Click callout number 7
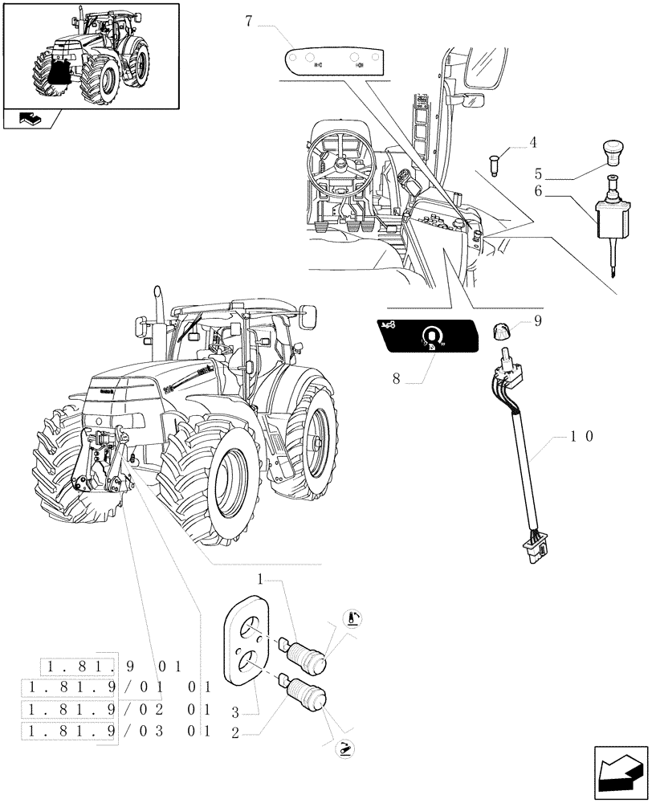(250, 22)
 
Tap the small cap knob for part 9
(503, 330)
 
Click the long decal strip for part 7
(336, 62)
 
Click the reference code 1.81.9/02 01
(117, 710)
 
